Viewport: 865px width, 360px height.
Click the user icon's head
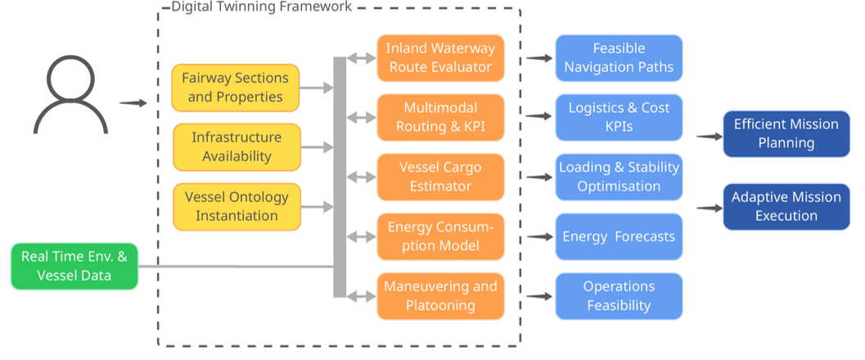point(70,79)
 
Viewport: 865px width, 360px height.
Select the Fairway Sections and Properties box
point(236,88)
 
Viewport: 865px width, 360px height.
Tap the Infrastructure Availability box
point(237,147)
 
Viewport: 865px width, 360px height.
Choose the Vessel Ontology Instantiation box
point(237,207)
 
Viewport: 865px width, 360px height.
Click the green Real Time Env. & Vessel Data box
point(74,266)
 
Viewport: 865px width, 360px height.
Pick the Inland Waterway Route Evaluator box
point(441,58)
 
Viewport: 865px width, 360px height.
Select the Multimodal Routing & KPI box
point(441,118)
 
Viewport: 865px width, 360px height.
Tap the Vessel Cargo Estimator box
point(441,177)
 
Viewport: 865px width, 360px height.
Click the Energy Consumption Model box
point(441,236)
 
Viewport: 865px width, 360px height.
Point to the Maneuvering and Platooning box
point(441,296)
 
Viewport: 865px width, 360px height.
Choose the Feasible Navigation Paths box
point(619,58)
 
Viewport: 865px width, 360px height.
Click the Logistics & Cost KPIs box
point(619,118)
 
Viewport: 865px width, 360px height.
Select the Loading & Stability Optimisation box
point(619,177)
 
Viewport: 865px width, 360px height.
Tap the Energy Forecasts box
point(619,236)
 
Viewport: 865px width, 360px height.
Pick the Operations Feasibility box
point(619,296)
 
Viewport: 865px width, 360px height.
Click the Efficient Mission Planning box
point(786,134)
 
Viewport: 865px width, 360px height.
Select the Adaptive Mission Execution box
point(786,207)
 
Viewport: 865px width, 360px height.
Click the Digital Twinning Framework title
point(262,7)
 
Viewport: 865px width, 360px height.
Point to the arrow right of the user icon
point(133,102)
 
